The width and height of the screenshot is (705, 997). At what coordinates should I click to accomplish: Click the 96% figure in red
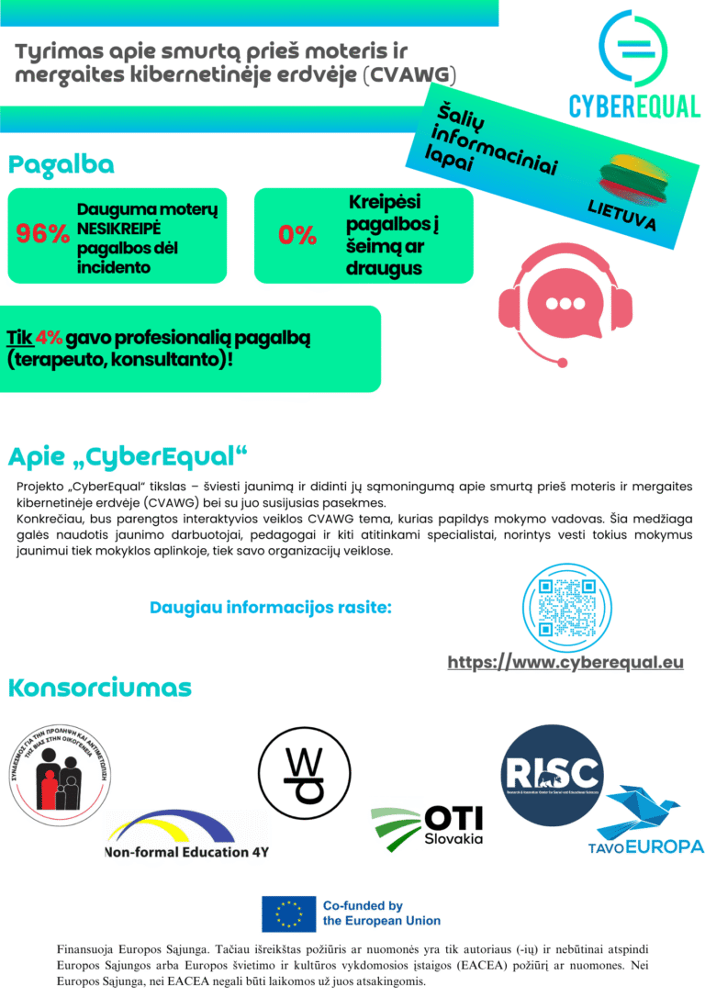[42, 234]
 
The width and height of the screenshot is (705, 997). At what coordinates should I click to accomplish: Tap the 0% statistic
[297, 235]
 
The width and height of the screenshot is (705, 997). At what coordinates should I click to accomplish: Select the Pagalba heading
[62, 165]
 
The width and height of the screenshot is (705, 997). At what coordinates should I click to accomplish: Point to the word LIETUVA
[621, 217]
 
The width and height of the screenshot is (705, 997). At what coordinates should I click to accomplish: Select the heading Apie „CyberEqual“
[129, 455]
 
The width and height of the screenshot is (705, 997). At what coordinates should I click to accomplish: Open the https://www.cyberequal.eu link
[565, 662]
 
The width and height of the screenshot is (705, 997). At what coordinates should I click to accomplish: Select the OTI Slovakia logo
[427, 824]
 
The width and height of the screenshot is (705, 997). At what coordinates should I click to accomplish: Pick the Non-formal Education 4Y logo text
[186, 852]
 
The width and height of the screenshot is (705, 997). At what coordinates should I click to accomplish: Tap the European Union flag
[288, 913]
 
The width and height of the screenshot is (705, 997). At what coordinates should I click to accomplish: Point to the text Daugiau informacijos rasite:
[271, 607]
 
